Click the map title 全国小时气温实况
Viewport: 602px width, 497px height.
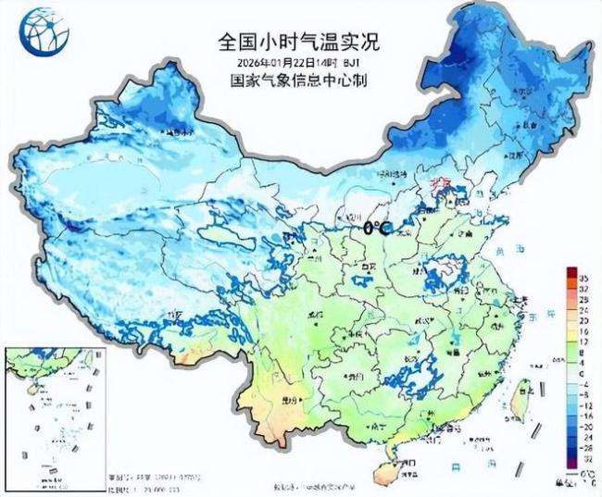click(298, 42)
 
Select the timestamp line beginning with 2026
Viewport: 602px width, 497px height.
click(298, 62)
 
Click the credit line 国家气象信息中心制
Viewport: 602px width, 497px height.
click(298, 80)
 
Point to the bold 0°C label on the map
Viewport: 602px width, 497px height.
click(375, 227)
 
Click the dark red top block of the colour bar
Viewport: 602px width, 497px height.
click(572, 275)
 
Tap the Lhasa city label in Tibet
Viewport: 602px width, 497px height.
click(173, 316)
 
